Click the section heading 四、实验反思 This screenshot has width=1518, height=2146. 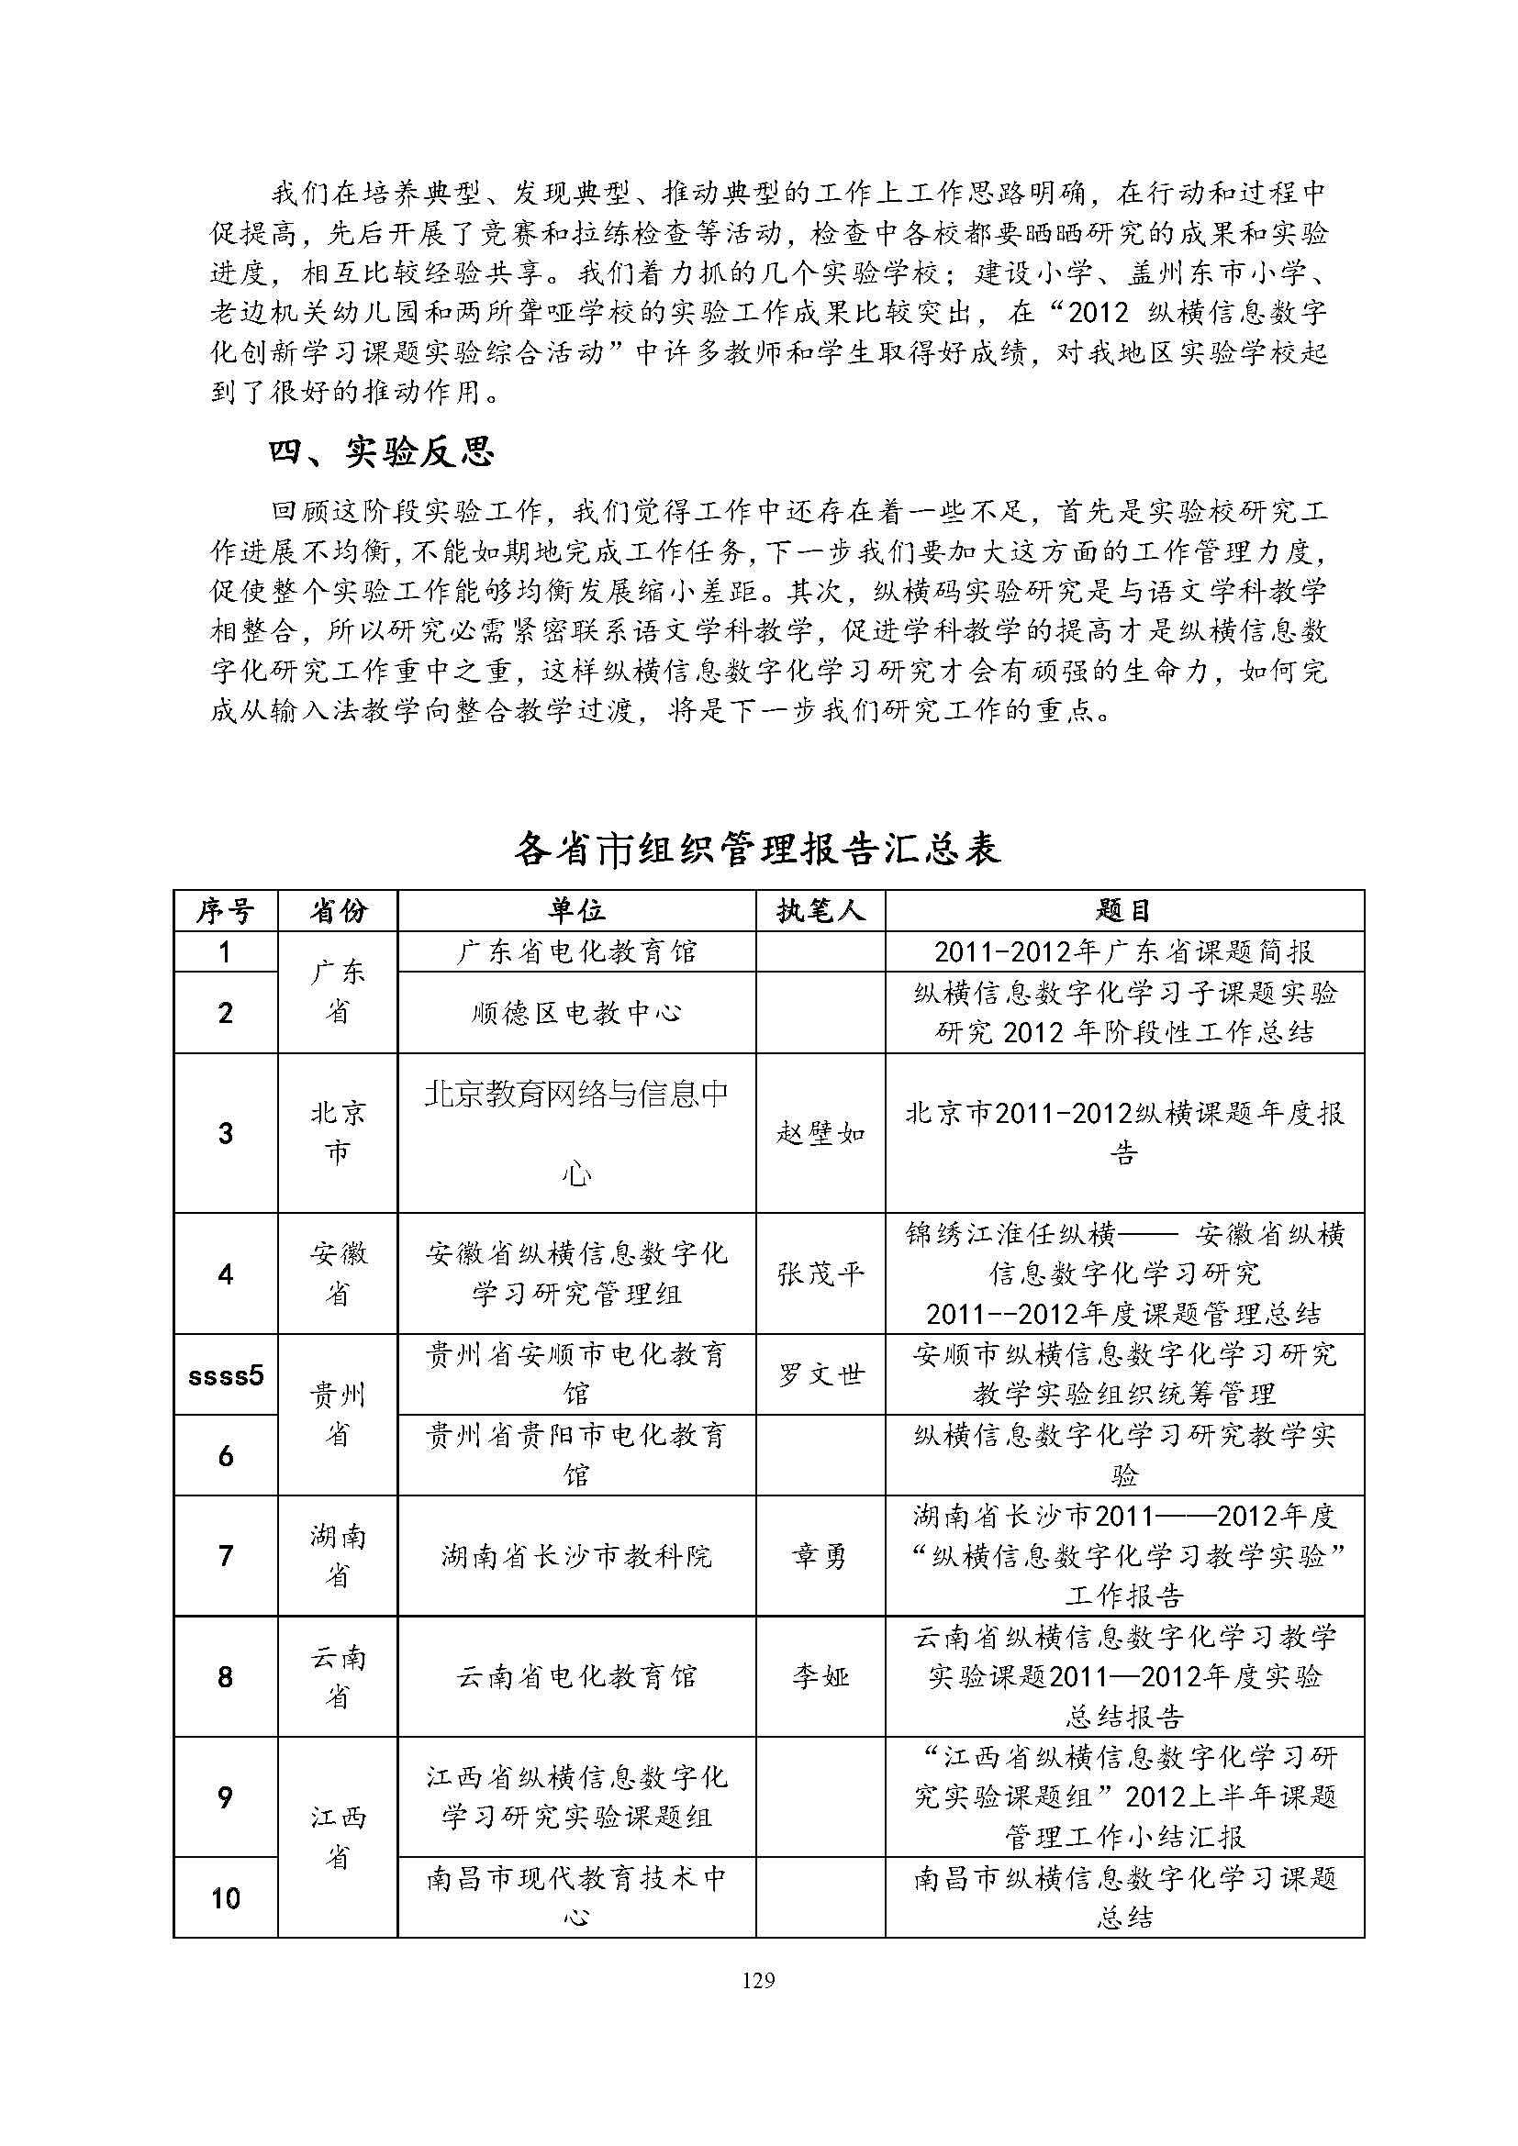pos(382,452)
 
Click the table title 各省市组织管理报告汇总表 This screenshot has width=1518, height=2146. pos(757,848)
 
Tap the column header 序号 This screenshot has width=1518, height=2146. pos(225,910)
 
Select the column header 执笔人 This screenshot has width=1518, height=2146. pos(820,910)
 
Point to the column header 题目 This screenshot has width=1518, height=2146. pos(1123,910)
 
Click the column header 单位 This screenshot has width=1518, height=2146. pos(575,910)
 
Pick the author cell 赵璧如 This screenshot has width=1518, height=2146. pos(820,1134)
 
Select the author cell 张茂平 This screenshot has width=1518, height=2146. pos(820,1274)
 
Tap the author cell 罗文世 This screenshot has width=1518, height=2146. pos(820,1374)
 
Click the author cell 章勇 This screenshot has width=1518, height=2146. pos(820,1555)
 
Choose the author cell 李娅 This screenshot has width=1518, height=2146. pos(820,1676)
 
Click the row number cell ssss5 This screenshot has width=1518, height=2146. pos(225,1375)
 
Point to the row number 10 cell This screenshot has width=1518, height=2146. pos(225,1898)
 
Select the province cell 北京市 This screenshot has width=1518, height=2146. pos(337,1132)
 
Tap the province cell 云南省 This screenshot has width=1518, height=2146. pos(337,1676)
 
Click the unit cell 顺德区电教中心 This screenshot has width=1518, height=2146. pos(575,1012)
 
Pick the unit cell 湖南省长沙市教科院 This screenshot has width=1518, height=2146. pos(575,1555)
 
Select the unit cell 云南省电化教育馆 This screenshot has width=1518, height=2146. pos(575,1676)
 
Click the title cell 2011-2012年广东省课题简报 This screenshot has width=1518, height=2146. pos(1123,951)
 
